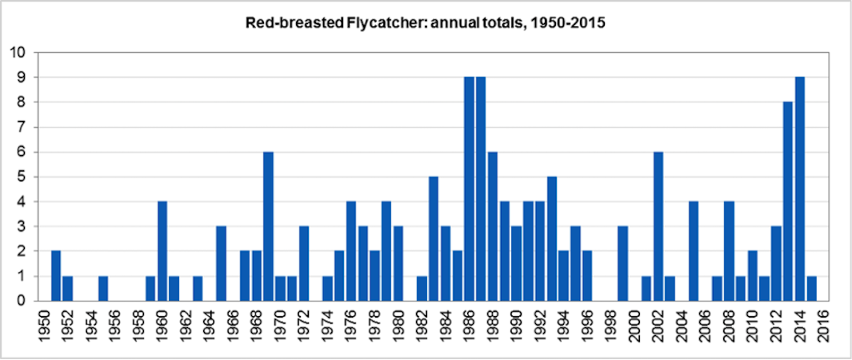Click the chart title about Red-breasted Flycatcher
click(425, 23)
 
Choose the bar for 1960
click(162, 251)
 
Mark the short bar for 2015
click(811, 289)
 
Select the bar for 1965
click(222, 264)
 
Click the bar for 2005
click(693, 251)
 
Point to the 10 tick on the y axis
click(18, 53)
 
